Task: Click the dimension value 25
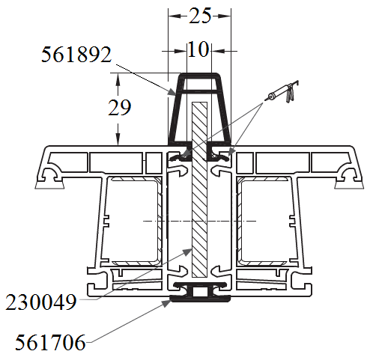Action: click(200, 16)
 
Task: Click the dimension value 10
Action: click(198, 49)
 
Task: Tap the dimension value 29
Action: click(119, 108)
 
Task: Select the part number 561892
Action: click(76, 55)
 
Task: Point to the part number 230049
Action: click(41, 302)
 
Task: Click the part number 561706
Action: click(50, 343)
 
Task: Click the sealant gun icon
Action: click(282, 92)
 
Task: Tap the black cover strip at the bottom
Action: click(200, 299)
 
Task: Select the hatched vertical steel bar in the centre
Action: click(199, 189)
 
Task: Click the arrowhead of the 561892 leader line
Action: click(172, 92)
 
